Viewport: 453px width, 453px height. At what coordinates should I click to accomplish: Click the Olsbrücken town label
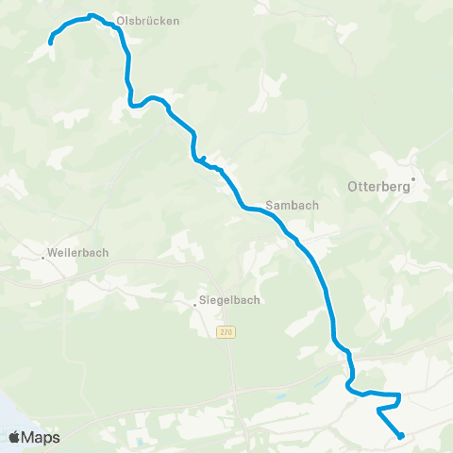coord(147,20)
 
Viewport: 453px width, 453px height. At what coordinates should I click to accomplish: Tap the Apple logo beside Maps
coord(15,437)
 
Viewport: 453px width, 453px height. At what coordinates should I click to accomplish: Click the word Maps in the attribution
coord(42,437)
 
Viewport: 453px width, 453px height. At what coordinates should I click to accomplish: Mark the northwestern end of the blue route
coord(50,42)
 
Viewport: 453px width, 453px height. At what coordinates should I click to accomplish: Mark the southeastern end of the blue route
coord(402,436)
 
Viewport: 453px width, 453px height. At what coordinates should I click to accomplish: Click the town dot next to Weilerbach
coord(44,253)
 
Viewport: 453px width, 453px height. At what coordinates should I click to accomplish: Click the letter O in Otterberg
coord(355,187)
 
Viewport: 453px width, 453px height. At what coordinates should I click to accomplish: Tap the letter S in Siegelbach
coord(201,301)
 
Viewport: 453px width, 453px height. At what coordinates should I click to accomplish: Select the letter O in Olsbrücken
coord(120,20)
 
